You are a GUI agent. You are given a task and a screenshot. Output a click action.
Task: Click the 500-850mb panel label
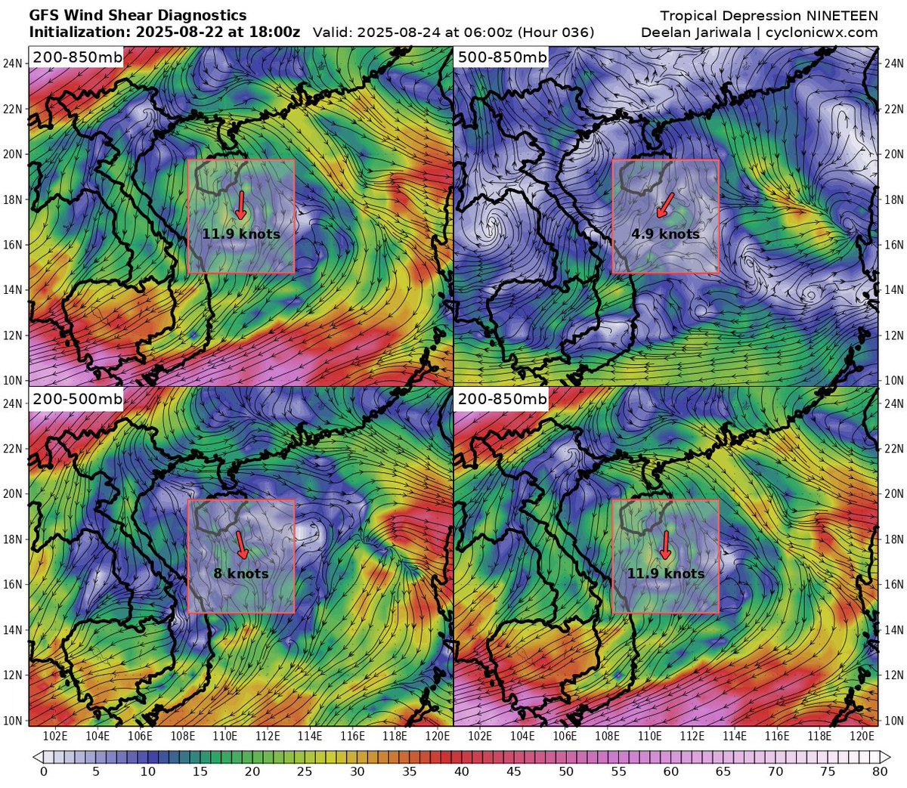pos(502,57)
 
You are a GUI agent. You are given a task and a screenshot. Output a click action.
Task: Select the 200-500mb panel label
pos(77,398)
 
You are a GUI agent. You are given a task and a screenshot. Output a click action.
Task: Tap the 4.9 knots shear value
pos(665,234)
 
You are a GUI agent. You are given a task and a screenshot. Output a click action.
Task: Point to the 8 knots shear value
pos(241,573)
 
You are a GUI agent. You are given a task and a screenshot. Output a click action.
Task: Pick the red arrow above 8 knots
pos(241,545)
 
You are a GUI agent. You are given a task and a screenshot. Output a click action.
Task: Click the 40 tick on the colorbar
pos(461,771)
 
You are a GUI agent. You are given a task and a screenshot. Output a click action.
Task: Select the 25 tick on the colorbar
pos(305,771)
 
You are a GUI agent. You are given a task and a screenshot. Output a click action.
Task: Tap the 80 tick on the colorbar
pos(879,771)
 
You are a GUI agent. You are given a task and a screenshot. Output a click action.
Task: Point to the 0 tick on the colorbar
pos(43,771)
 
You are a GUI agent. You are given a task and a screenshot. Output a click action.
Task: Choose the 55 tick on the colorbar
pos(618,771)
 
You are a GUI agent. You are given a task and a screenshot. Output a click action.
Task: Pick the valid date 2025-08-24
pos(397,32)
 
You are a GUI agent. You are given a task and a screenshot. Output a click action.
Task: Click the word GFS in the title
pos(44,15)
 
